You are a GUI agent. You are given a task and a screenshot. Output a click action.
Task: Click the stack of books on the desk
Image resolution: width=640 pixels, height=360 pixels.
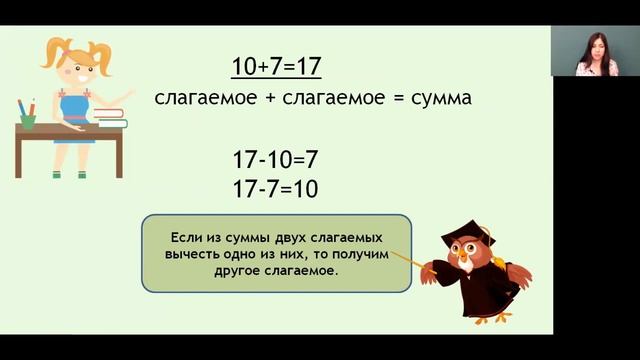tap(111, 117)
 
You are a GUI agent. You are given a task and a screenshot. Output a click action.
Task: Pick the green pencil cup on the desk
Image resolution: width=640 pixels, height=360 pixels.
tap(28, 119)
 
